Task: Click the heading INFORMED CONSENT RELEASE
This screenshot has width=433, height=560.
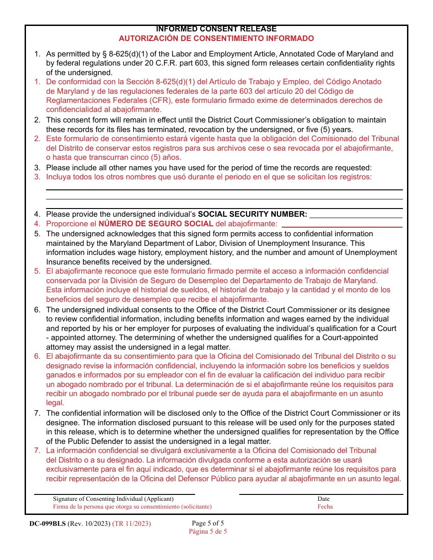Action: coord(216,29)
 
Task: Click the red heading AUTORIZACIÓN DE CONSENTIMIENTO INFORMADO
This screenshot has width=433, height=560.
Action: coord(216,38)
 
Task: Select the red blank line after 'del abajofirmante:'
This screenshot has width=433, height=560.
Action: coord(342,227)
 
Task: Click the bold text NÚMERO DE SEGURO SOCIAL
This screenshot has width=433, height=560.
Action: coord(156,224)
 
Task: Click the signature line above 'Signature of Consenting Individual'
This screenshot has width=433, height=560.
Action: coord(114,494)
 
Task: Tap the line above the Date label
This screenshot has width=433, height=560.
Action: coord(321,494)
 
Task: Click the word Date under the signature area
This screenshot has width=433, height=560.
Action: coord(324,499)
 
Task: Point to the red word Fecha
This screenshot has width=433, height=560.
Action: coord(325,506)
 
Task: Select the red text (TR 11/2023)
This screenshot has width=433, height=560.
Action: coord(131,524)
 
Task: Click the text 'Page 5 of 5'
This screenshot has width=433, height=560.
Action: coord(208,523)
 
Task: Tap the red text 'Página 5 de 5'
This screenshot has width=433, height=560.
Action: coord(208,531)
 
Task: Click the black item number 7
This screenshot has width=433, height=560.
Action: coord(37,413)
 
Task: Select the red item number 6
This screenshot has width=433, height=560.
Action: coord(37,356)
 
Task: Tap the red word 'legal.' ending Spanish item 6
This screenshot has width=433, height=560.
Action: coord(55,403)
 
